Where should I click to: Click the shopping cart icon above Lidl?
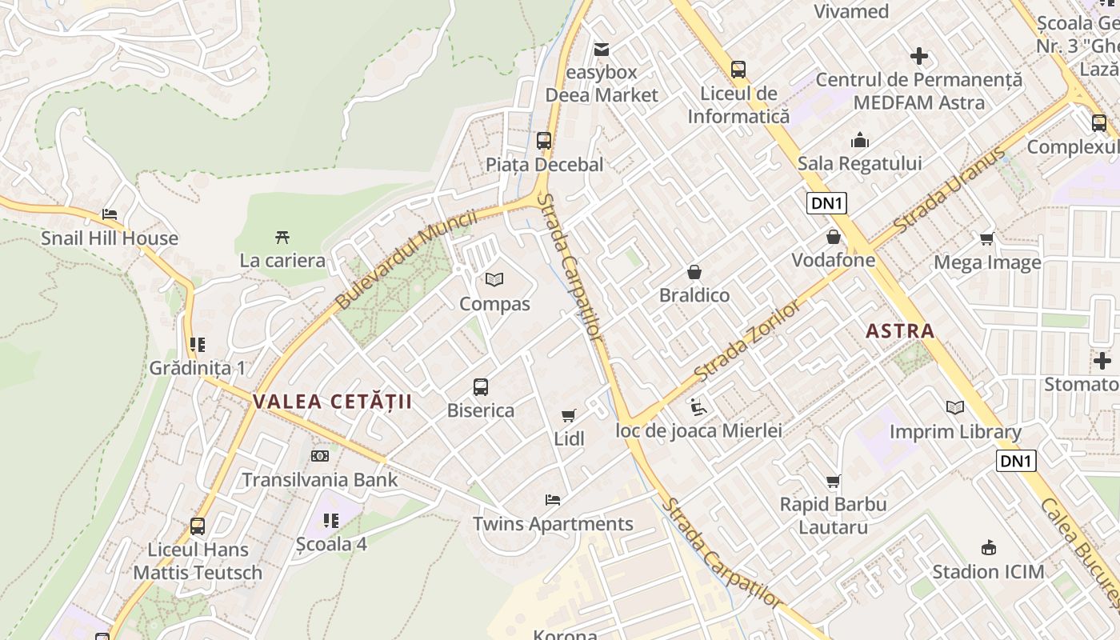click(569, 415)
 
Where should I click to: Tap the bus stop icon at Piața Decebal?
click(544, 141)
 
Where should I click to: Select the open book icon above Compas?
click(494, 280)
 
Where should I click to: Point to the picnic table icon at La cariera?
click(282, 237)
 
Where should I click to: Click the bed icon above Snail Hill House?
click(110, 214)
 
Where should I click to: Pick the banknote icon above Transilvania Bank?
click(319, 456)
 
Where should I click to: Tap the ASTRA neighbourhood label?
click(900, 330)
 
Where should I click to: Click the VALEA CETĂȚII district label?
click(332, 402)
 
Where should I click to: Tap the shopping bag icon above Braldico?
click(694, 272)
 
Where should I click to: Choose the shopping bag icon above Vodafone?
click(833, 237)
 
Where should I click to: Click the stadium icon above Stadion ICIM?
click(988, 548)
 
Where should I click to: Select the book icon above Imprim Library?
click(955, 408)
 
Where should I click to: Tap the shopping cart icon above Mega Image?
click(987, 238)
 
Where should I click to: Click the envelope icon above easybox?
click(602, 50)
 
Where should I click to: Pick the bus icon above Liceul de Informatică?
click(738, 70)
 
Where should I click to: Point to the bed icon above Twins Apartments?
click(552, 500)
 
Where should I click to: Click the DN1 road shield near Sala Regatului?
click(826, 203)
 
